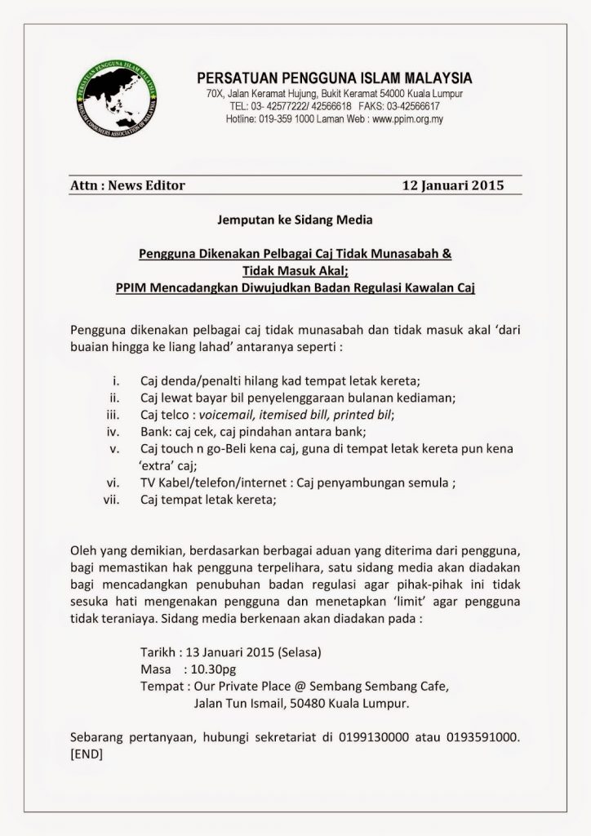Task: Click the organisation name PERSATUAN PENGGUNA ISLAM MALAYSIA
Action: pyautogui.click(x=335, y=78)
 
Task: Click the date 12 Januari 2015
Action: pyautogui.click(x=453, y=185)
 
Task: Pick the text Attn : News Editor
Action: pyautogui.click(x=128, y=185)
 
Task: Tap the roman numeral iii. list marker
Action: pyautogui.click(x=115, y=415)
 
